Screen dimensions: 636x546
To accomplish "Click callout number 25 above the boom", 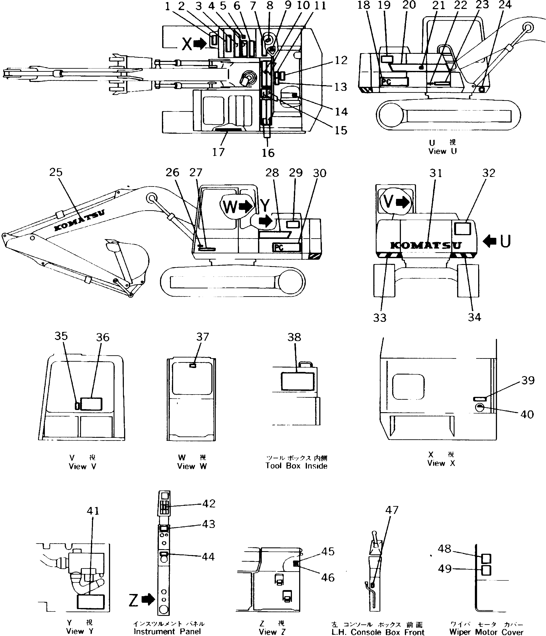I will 56,172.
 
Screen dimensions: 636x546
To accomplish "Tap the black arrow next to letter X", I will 200,44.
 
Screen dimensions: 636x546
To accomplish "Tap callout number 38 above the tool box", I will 294,337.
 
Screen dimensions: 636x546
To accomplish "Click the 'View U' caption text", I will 442,151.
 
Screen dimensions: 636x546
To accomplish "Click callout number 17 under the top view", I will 218,152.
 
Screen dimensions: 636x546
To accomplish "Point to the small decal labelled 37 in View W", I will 193,366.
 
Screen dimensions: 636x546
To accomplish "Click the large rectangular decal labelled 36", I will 91,404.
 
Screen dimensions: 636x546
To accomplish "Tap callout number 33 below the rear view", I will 379,318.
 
